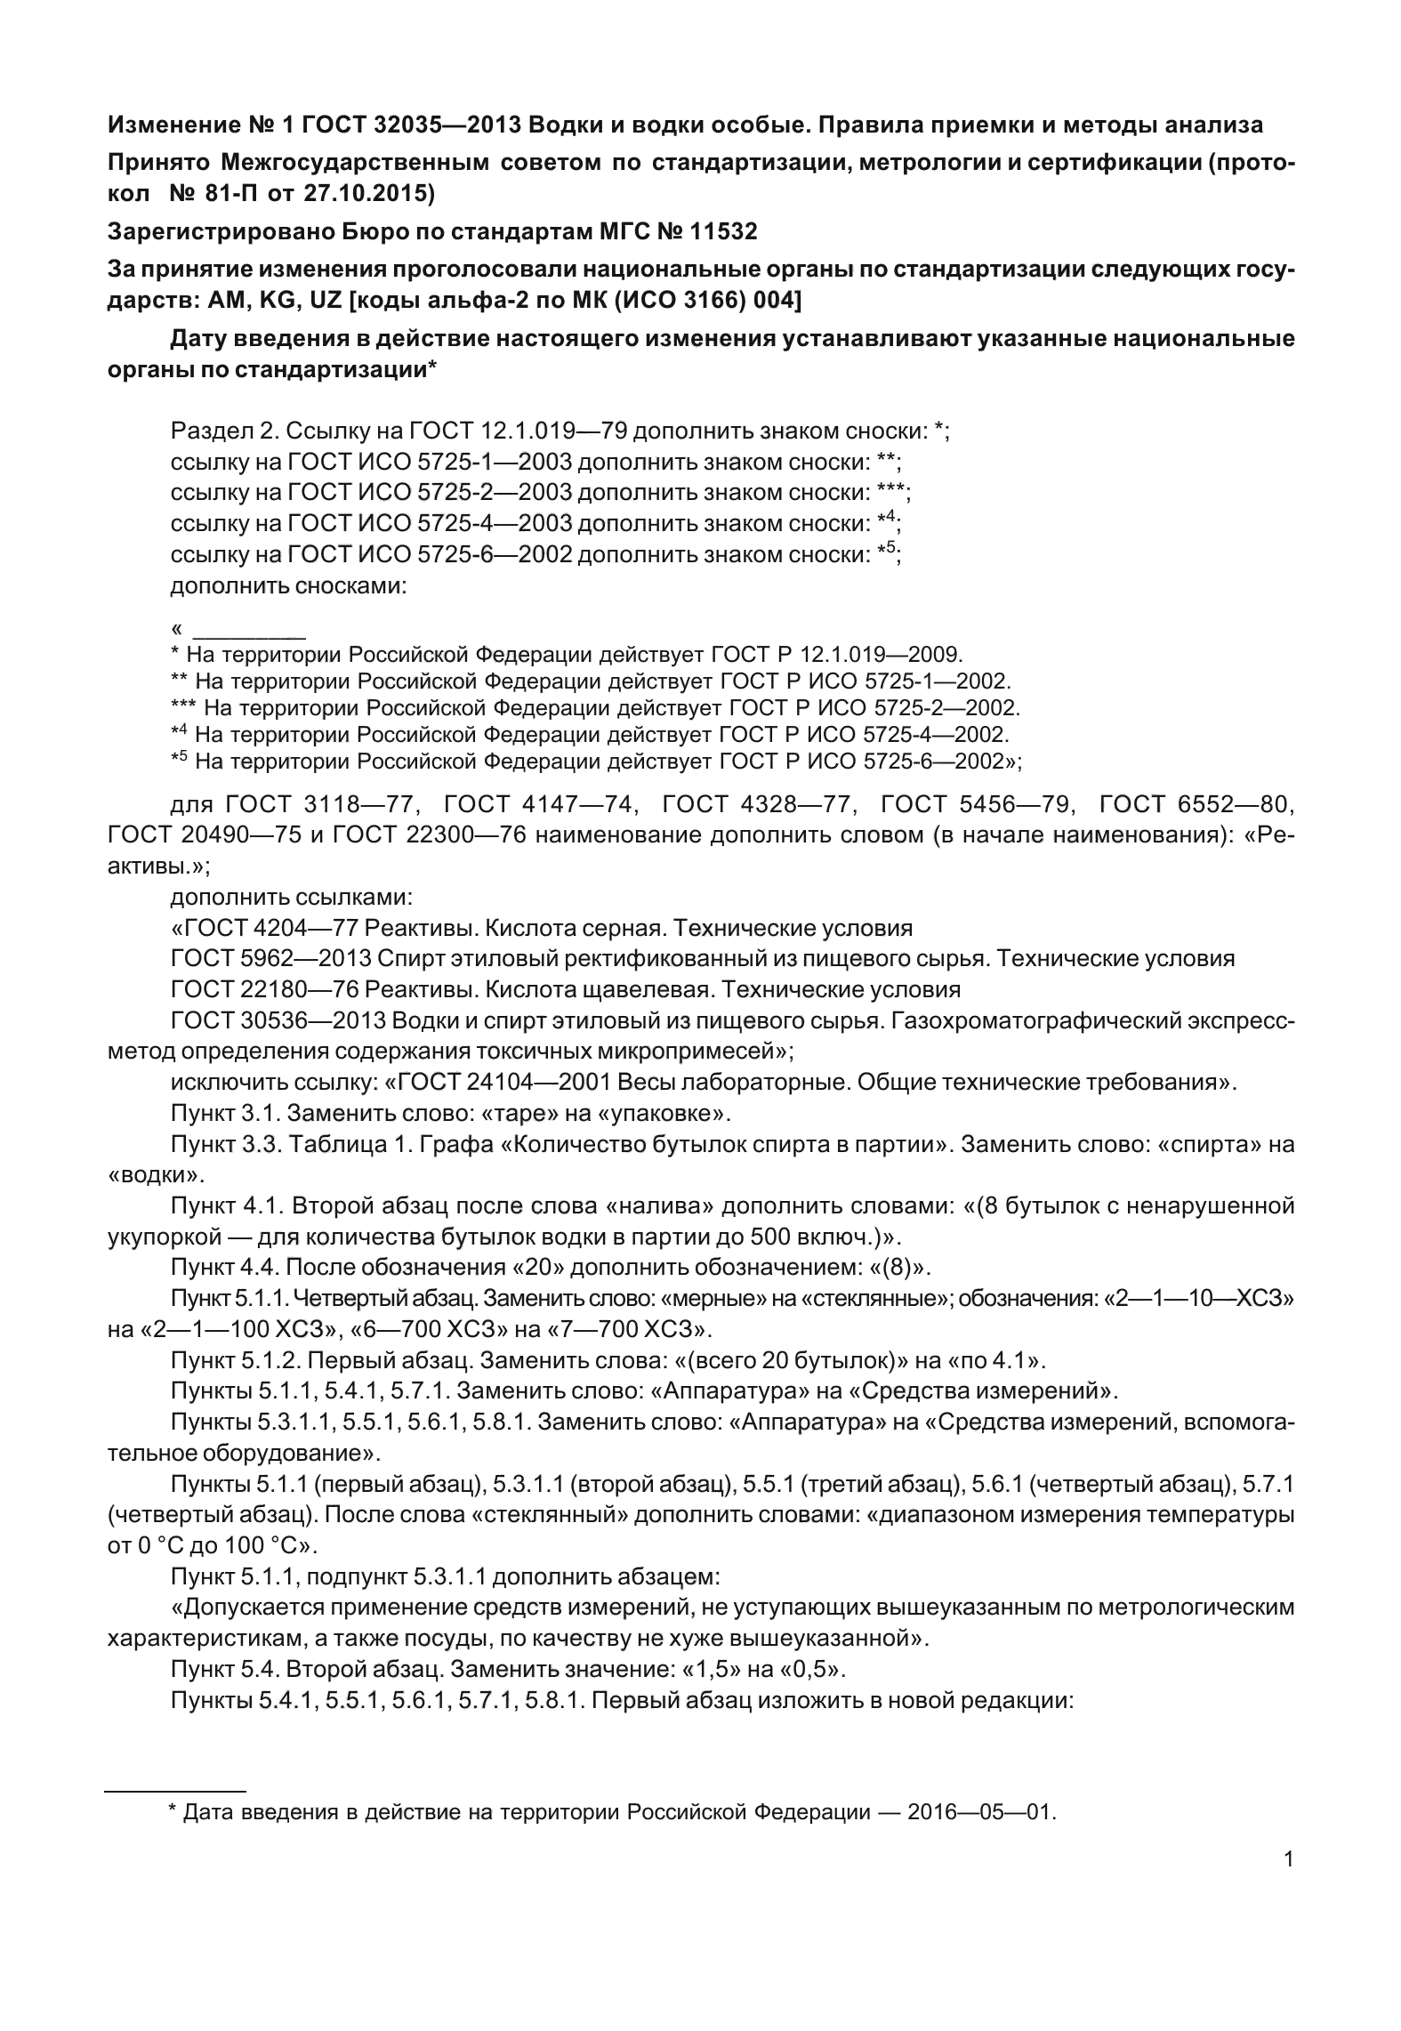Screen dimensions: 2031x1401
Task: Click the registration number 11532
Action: tap(721, 232)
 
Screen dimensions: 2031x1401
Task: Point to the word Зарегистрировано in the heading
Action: tap(221, 232)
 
